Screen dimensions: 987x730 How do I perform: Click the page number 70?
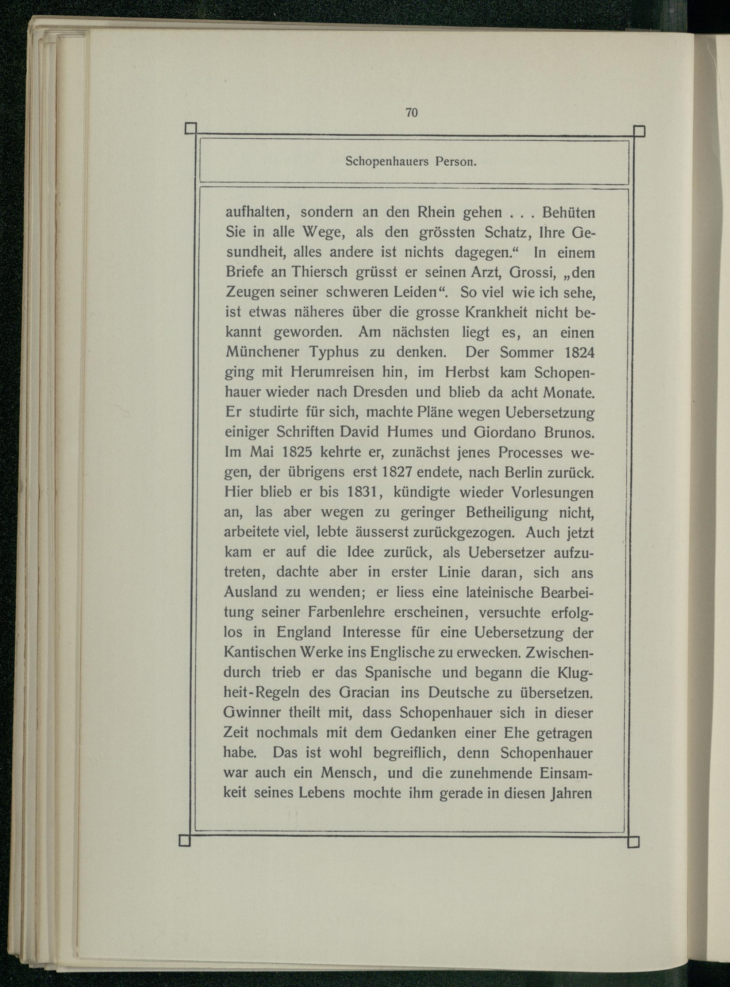click(411, 113)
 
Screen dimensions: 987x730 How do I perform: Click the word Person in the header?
click(455, 162)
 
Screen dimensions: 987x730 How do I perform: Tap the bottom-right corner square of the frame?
click(633, 843)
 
